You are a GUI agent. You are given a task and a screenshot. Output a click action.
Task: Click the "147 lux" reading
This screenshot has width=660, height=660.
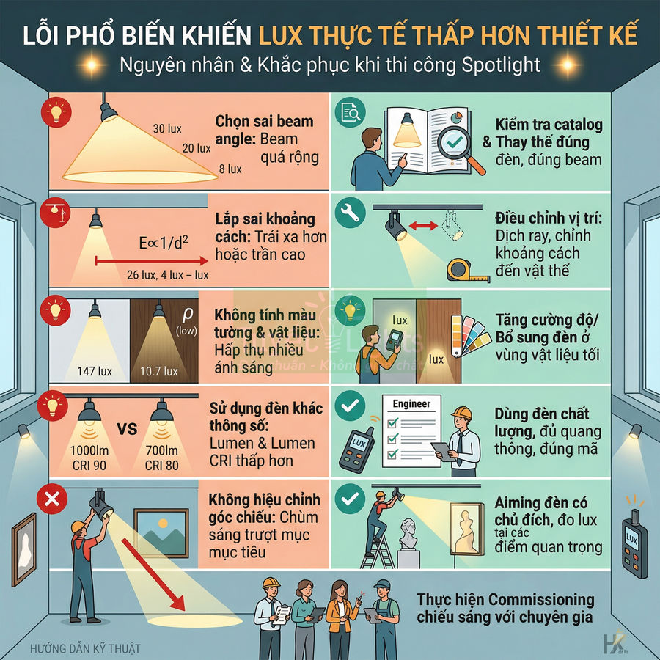click(95, 371)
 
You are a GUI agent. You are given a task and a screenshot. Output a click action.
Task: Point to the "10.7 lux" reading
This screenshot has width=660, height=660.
click(160, 371)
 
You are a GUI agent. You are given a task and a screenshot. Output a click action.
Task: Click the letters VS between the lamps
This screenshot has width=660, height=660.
click(128, 428)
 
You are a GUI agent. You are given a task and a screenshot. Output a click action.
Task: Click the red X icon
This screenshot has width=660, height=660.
click(52, 501)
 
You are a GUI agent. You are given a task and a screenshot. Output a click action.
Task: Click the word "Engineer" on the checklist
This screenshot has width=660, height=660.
click(411, 404)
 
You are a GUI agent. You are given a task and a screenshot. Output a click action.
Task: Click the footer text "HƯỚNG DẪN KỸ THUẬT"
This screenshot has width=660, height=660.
click(86, 648)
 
